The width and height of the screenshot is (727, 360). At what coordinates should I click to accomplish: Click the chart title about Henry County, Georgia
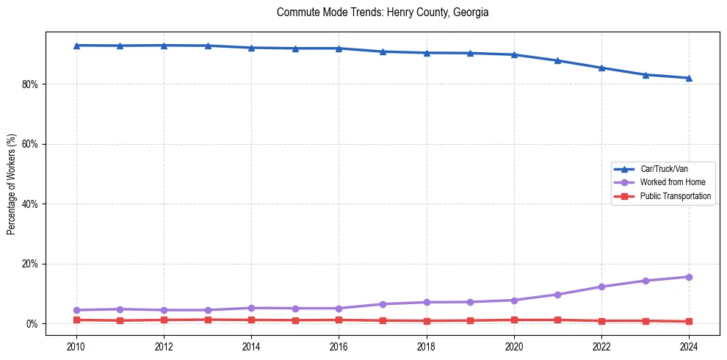click(x=383, y=12)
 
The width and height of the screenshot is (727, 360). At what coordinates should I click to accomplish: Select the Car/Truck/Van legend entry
click(x=664, y=169)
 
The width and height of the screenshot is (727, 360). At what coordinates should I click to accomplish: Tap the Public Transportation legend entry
click(x=675, y=196)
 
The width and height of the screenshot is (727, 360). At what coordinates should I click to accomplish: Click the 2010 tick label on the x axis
click(x=76, y=345)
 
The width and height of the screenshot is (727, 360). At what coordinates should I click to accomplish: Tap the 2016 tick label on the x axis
click(x=339, y=345)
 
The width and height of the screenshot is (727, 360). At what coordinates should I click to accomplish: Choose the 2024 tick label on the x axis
click(x=689, y=345)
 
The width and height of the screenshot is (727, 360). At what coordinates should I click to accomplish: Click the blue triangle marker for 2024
click(x=689, y=78)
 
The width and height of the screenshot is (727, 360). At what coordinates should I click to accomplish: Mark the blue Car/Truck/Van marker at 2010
click(x=76, y=46)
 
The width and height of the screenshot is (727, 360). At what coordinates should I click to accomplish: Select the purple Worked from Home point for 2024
click(x=689, y=277)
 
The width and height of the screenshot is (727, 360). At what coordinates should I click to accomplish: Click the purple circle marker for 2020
click(x=514, y=300)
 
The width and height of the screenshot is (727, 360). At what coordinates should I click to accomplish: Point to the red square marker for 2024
click(x=689, y=322)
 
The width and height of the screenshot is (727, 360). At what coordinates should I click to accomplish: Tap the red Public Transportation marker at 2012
click(x=164, y=320)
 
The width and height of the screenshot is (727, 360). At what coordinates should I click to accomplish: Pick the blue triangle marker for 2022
click(x=601, y=68)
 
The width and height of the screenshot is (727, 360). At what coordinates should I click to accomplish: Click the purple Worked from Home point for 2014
click(x=251, y=308)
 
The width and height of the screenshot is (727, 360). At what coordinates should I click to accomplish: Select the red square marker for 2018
click(x=427, y=321)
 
